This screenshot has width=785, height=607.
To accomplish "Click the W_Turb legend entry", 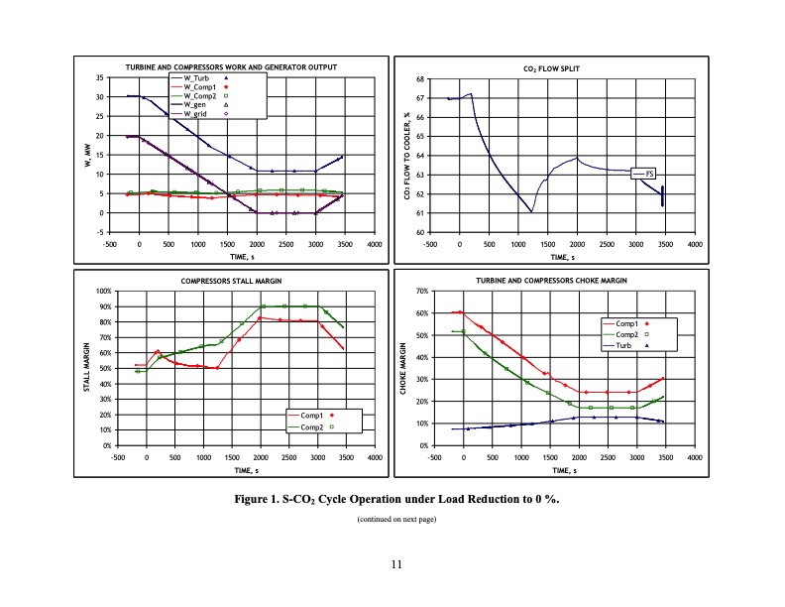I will point(197,78).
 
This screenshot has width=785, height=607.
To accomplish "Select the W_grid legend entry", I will point(197,113).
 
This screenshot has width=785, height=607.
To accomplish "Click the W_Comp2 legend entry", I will point(197,95).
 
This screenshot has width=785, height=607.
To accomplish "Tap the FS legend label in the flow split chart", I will point(649,174).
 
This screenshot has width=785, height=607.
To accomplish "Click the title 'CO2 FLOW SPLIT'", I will point(551,69).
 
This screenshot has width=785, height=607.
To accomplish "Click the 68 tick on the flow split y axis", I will point(420,78).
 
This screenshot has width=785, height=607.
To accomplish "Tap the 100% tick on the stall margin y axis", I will point(101,292).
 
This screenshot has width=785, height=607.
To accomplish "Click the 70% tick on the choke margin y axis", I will point(420,292).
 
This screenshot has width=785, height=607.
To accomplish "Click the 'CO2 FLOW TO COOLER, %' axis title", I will point(408,156).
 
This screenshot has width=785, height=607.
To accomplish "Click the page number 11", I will point(393,564).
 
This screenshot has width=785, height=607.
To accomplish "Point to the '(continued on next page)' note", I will point(393,519).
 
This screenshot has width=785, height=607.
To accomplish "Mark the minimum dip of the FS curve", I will point(531,211).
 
